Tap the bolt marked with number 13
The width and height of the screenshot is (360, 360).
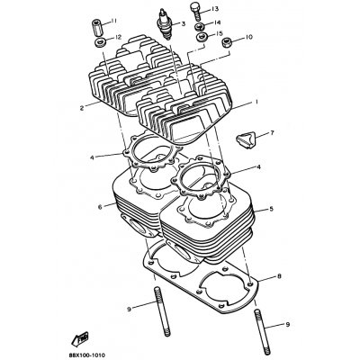(196, 11)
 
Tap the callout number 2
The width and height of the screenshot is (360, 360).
(80, 106)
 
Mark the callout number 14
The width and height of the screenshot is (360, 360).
(217, 22)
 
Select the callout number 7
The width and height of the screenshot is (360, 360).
(272, 132)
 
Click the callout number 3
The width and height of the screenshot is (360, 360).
(182, 24)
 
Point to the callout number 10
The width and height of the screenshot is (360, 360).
(248, 38)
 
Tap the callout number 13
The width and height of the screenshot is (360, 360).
(215, 8)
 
